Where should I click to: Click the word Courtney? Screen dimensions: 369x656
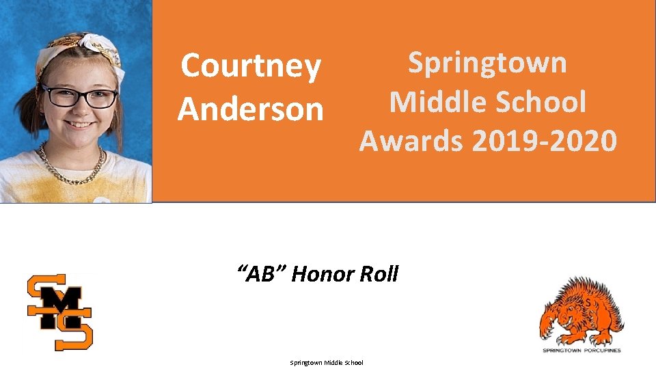250,66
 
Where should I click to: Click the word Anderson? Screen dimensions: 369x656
250,109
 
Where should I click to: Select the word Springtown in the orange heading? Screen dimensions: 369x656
487,62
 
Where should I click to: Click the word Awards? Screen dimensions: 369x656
410,141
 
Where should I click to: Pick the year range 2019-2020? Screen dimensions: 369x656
544,141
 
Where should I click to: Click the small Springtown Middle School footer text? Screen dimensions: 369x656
327,362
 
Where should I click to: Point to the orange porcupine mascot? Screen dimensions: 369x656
582,310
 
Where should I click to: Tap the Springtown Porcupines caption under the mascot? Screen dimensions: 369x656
582,351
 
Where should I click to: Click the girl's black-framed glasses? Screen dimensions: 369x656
79,96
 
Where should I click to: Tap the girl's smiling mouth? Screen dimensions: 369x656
79,124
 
